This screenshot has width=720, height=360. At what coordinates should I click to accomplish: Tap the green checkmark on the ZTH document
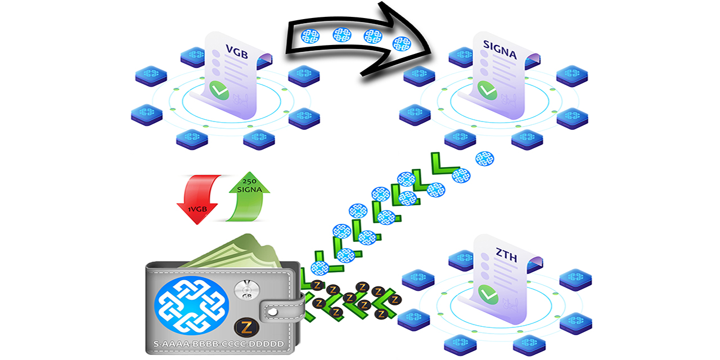pos(487,292)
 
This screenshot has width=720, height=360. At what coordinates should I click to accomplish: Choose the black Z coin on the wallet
pos(245,327)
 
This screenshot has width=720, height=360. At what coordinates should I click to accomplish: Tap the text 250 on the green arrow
pos(249,182)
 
